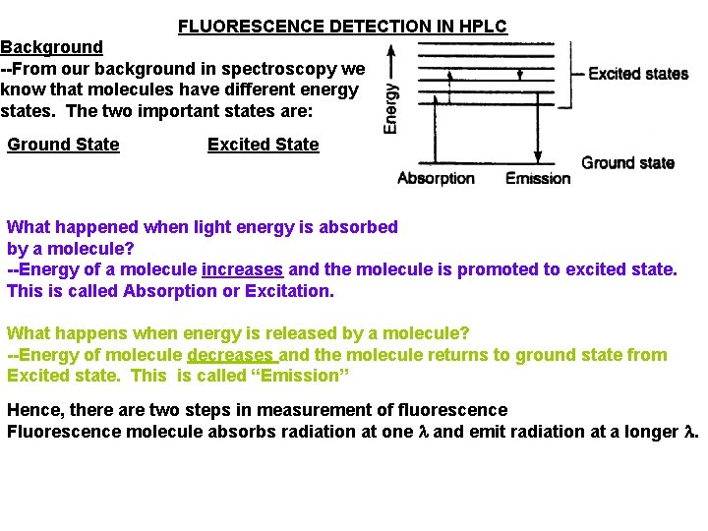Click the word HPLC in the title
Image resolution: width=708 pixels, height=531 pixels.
tap(485, 27)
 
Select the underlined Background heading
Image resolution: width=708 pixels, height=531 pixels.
tap(51, 47)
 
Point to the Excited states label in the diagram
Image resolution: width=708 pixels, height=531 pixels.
tap(637, 74)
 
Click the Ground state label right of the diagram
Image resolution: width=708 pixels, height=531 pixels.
tap(627, 162)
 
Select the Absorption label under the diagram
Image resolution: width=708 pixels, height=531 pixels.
tap(436, 179)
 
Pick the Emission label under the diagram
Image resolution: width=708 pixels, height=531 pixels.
tap(538, 179)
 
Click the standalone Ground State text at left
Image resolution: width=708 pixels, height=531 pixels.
tap(63, 145)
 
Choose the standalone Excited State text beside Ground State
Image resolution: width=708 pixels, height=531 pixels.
tap(263, 145)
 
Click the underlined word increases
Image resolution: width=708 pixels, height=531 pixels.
tap(242, 269)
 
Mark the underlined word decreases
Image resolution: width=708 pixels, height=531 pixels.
tap(230, 355)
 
